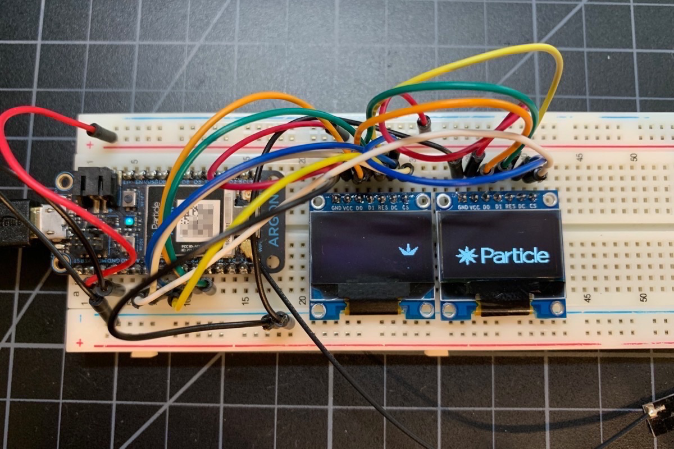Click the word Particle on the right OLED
coord(514,256)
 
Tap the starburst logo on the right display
coord(467,256)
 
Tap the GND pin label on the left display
coord(337,207)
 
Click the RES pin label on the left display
coord(384,207)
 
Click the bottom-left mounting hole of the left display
coord(319,310)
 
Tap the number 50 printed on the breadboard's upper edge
coord(634,157)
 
